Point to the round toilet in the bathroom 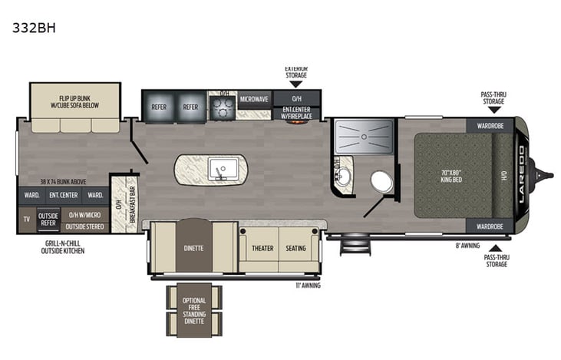(x=381, y=182)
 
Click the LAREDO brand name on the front (x=523, y=174)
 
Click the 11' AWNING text (x=307, y=286)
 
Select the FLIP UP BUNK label (x=75, y=103)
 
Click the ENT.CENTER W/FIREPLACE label (x=295, y=114)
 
